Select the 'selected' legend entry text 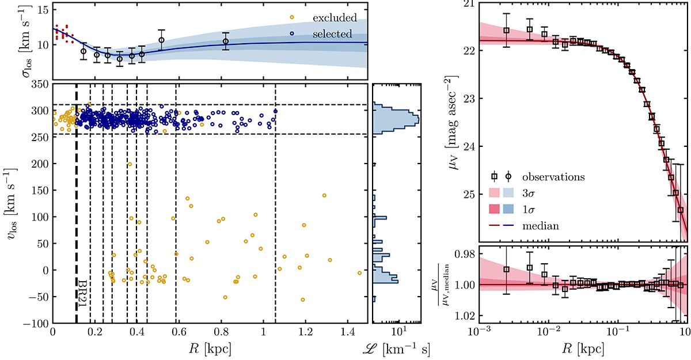coord(337,34)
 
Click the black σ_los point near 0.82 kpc coord(226,41)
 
